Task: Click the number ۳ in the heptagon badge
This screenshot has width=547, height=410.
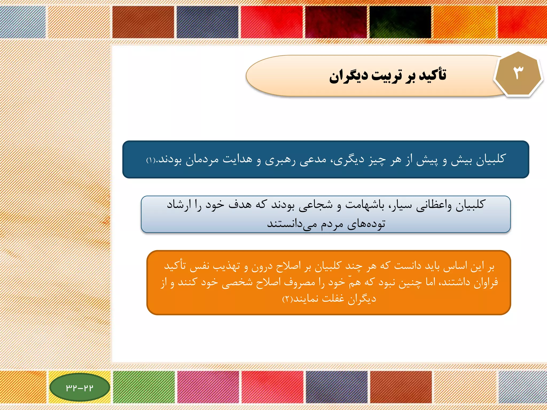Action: point(518,73)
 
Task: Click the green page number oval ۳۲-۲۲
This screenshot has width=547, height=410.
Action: point(80,387)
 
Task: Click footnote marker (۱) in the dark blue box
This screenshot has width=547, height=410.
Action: point(151,160)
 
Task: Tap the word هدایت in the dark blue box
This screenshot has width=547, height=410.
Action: point(237,159)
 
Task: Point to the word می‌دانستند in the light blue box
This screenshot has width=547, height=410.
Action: point(292,224)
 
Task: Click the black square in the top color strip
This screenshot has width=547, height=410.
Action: point(400,22)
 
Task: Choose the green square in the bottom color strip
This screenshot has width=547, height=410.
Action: point(144,387)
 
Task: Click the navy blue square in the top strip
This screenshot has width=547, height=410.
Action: point(207,22)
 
